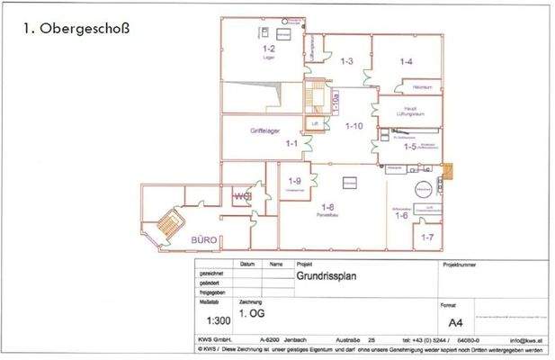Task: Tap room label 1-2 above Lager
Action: click(268, 48)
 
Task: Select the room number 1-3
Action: click(346, 60)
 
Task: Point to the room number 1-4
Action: click(406, 61)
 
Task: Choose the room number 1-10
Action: click(354, 126)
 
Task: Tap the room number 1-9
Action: click(294, 181)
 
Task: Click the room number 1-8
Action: click(328, 206)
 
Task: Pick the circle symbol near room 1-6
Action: click(420, 190)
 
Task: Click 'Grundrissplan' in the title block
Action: click(327, 278)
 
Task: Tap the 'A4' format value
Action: click(455, 320)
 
